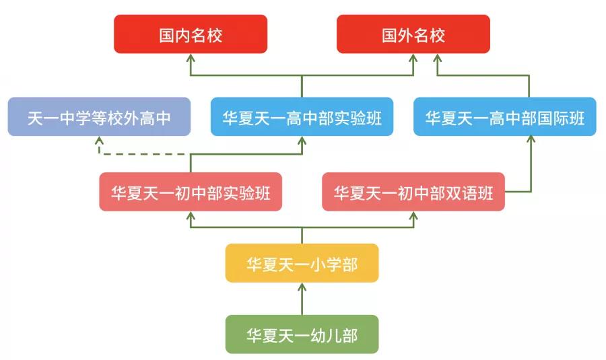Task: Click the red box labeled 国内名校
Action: (x=191, y=34)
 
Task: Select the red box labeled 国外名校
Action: (x=413, y=34)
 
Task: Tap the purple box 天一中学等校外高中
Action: (x=99, y=117)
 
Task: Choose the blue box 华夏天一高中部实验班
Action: (x=302, y=117)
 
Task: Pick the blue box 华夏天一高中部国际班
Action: (x=504, y=117)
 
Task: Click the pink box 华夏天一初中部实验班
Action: (x=191, y=192)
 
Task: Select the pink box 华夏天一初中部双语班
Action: (x=413, y=192)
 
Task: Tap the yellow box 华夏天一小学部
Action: (x=302, y=263)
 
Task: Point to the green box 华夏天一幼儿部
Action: (x=302, y=334)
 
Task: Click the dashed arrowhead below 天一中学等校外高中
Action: (x=99, y=141)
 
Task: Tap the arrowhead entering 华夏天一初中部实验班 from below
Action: (x=191, y=217)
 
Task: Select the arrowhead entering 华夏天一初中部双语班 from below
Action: (x=413, y=217)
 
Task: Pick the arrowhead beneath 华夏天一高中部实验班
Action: (x=302, y=141)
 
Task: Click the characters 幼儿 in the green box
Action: (x=328, y=334)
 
